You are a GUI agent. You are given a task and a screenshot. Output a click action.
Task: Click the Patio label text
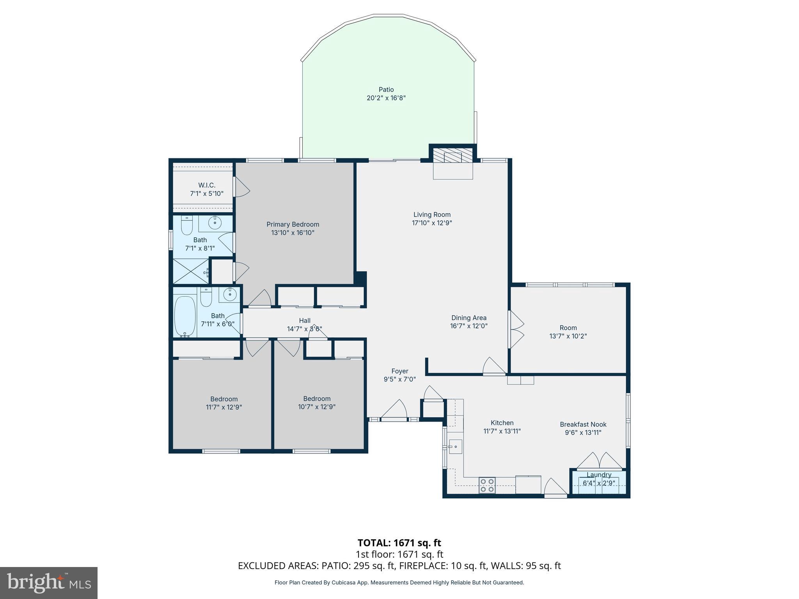click(386, 90)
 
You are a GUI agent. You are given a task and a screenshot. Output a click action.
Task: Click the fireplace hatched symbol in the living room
click(453, 156)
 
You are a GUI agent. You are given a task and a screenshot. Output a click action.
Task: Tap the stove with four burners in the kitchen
click(487, 485)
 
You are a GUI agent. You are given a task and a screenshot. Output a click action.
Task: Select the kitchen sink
click(455, 447)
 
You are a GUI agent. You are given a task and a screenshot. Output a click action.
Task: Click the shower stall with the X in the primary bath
click(191, 271)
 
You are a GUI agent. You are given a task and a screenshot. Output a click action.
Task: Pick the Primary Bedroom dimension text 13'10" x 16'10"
click(293, 233)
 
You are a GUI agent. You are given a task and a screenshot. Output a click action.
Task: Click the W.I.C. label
click(206, 185)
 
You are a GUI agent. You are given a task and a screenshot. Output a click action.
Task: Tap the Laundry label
click(598, 475)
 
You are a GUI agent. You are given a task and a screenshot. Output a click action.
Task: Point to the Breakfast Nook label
click(583, 424)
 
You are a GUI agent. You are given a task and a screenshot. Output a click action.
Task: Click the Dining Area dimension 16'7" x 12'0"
click(469, 326)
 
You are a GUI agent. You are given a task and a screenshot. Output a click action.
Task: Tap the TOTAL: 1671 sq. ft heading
click(399, 543)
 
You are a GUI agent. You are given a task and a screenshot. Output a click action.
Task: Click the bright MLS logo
click(49, 583)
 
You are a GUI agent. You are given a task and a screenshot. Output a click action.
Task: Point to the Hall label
click(305, 321)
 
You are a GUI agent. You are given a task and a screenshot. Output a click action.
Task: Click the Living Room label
click(432, 214)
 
